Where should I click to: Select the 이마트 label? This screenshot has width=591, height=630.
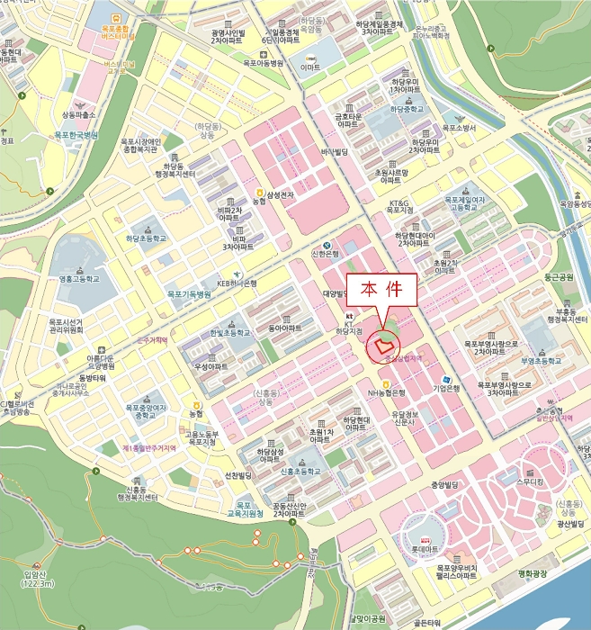point(311,67)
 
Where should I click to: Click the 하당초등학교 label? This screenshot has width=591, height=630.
point(147,239)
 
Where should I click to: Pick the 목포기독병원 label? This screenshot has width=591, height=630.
point(189,294)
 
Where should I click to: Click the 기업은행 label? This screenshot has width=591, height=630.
point(446,388)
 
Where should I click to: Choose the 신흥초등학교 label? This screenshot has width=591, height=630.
point(300,471)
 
